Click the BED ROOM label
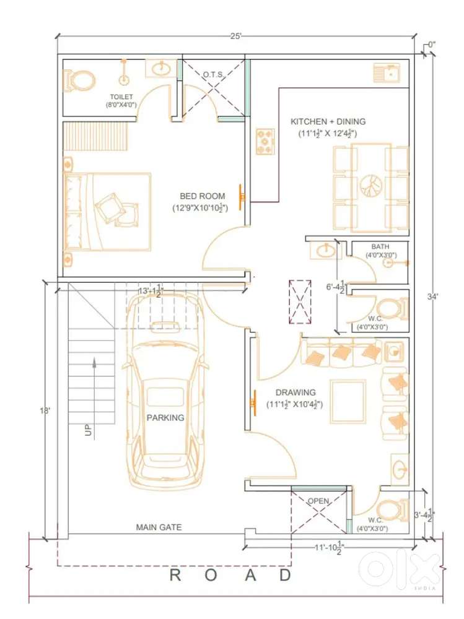coord(203,196)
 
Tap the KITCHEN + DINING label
coord(328,121)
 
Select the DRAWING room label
coord(295,392)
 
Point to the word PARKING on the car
coord(165,418)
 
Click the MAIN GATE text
coord(159,527)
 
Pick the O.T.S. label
coord(214,75)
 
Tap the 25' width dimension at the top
coord(236,36)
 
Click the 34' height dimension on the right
coord(433,296)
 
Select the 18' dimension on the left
coord(45,410)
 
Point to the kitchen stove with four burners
coord(265,141)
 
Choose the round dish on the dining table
coord(371,186)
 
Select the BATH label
coord(380,247)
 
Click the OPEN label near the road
coord(318,501)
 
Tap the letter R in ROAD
coord(175,575)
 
